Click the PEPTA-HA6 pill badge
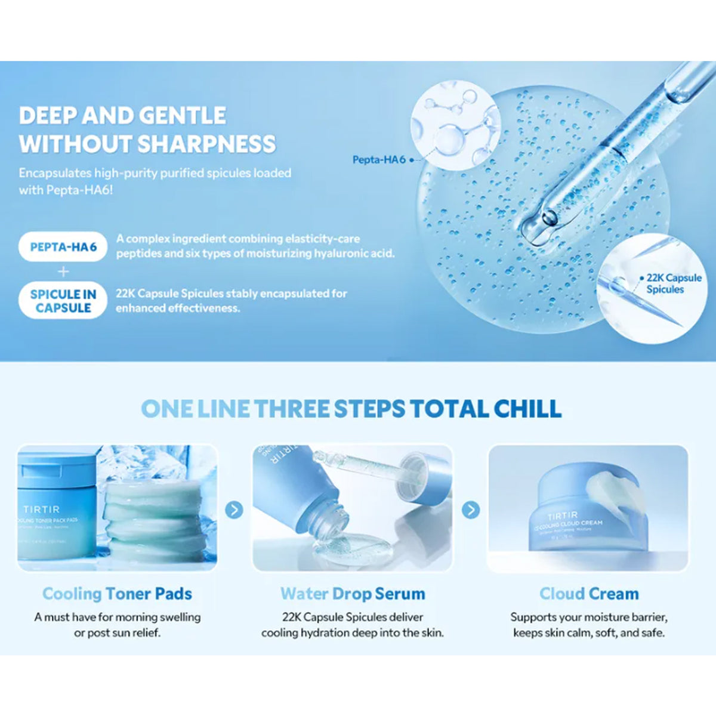[63, 247]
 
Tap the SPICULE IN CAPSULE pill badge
[63, 301]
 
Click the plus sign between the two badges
[63, 272]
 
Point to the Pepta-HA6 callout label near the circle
[379, 160]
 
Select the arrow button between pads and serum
[234, 510]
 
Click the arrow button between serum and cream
[471, 510]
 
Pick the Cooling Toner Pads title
[117, 594]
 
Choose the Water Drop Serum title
[353, 594]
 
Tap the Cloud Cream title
[589, 594]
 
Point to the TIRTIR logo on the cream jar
[562, 516]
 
